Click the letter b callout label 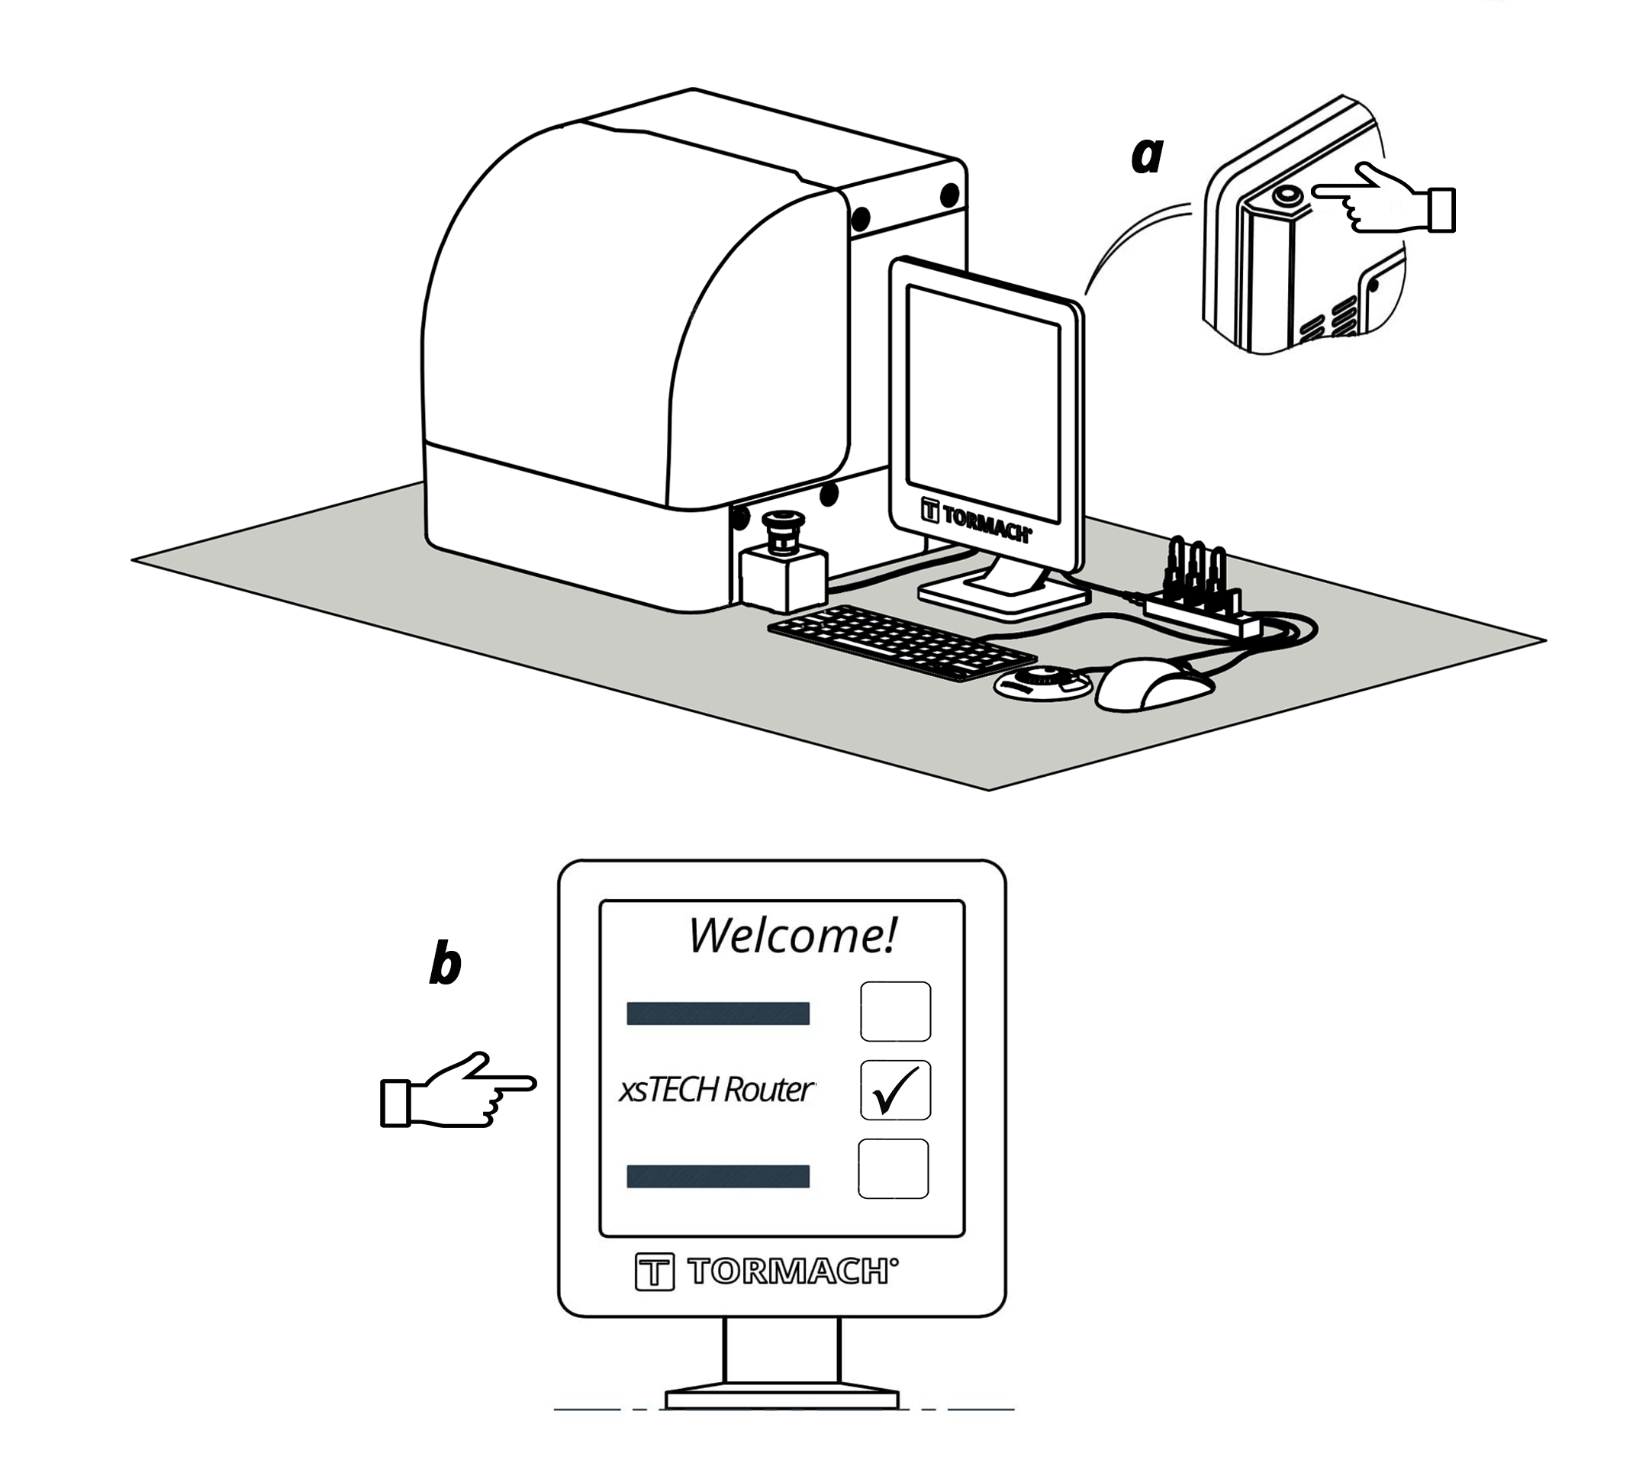(445, 963)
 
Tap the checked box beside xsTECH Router (895, 1090)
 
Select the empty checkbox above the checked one (895, 1011)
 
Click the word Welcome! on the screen (792, 935)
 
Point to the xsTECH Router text (716, 1089)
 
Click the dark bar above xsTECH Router (718, 1013)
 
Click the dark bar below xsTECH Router (718, 1176)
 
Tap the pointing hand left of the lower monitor (456, 1091)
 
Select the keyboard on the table (900, 642)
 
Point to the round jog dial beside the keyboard (1042, 684)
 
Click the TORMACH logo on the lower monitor (766, 1272)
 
